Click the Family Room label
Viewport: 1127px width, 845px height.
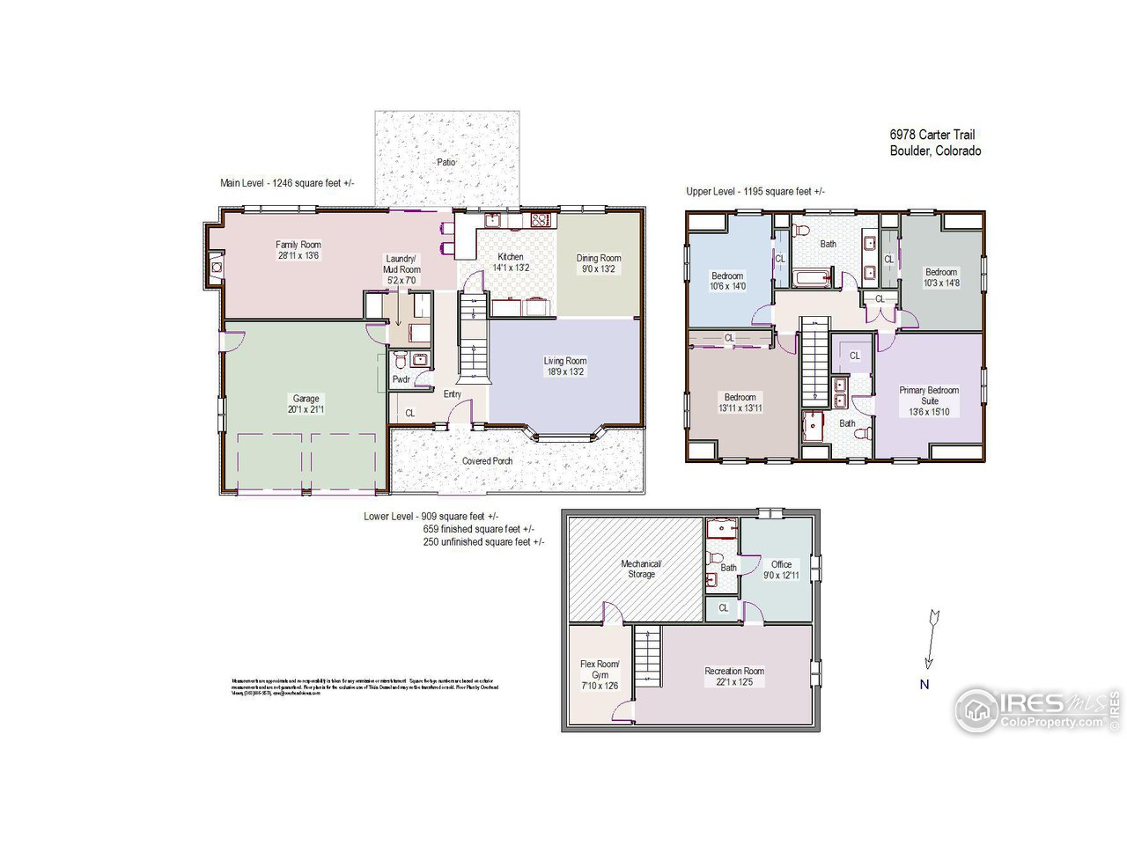click(x=298, y=245)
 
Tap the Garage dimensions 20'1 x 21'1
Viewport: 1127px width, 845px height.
click(x=306, y=409)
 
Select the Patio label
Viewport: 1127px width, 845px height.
click(x=446, y=163)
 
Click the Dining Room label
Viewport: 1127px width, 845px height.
click(x=599, y=258)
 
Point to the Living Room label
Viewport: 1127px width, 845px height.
click(x=564, y=361)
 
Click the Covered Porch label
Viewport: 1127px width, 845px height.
click(x=487, y=460)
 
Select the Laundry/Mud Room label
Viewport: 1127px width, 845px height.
click(x=403, y=264)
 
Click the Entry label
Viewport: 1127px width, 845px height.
click(x=453, y=394)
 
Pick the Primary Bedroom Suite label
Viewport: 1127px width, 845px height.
click(x=929, y=395)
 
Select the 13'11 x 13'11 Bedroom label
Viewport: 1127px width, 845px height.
click(x=740, y=397)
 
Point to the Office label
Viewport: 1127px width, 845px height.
click(x=781, y=564)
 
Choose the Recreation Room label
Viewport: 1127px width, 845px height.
click(x=734, y=671)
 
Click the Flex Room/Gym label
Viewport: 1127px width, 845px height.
click(x=600, y=669)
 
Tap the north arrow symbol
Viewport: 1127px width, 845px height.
click(x=932, y=638)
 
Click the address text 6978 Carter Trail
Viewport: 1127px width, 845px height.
click(x=932, y=135)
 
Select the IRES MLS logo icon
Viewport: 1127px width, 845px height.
click(x=976, y=709)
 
